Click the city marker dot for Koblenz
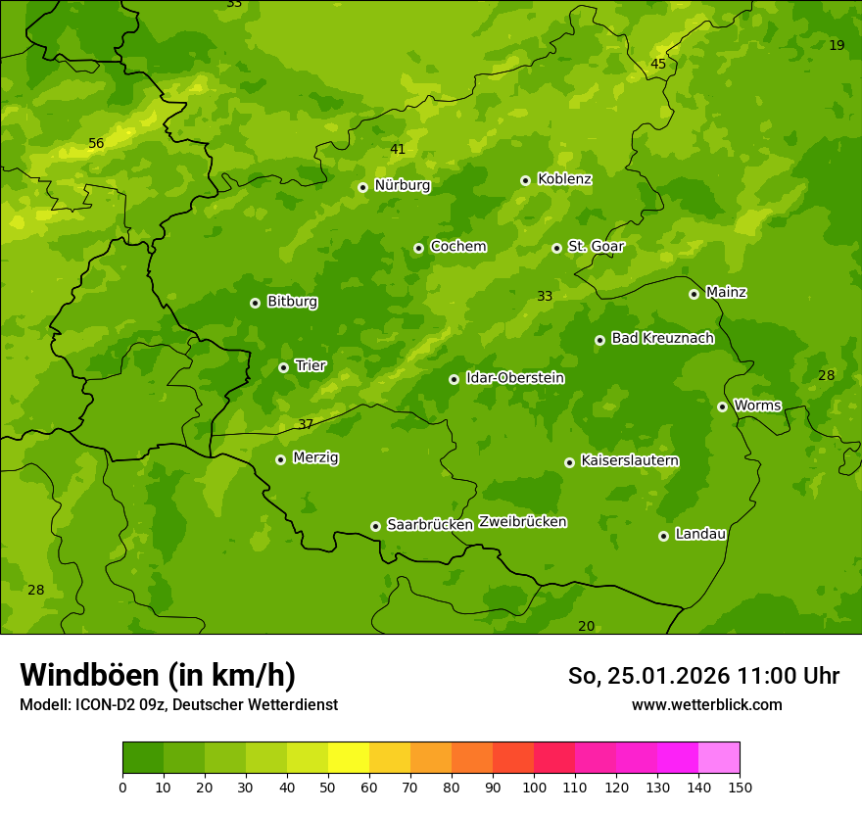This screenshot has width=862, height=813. click(x=526, y=180)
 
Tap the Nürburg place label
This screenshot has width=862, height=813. click(x=402, y=185)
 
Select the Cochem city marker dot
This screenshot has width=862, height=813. click(x=419, y=248)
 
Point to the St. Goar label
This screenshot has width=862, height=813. click(x=596, y=247)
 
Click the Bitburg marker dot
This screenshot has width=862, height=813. click(x=256, y=303)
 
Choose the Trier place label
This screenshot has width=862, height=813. click(x=311, y=366)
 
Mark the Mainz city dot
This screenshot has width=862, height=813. click(x=694, y=294)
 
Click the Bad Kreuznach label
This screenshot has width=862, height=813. click(x=662, y=339)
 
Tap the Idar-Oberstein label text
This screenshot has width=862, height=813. click(x=514, y=378)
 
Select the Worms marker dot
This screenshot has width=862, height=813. click(x=723, y=406)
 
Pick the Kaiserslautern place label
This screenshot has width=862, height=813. click(x=630, y=461)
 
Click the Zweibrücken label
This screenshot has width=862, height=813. click(x=522, y=522)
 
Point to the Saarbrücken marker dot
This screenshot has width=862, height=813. click(x=376, y=526)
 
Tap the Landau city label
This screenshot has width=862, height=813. click(x=700, y=535)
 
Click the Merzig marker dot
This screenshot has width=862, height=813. click(x=281, y=459)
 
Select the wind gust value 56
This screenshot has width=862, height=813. click(x=96, y=144)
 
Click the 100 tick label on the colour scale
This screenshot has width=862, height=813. click(x=534, y=788)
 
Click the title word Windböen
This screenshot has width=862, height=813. click(x=90, y=676)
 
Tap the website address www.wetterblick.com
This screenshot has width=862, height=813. click(x=706, y=705)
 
